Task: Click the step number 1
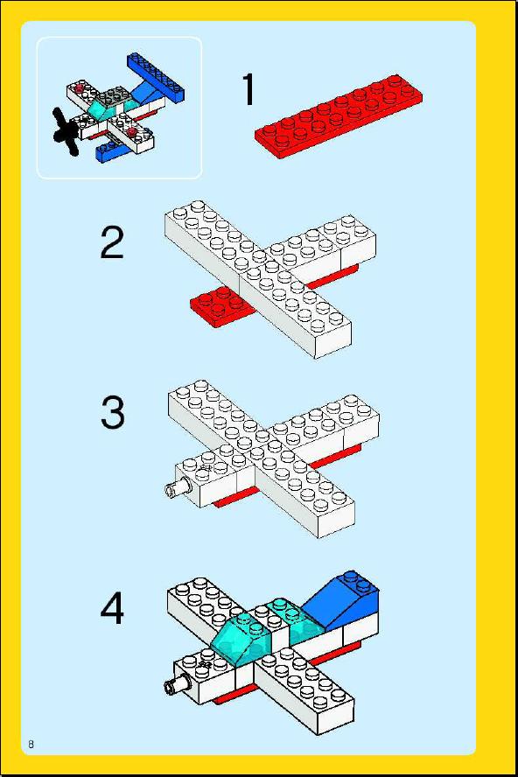(248, 89)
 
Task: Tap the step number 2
(112, 242)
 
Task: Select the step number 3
(113, 413)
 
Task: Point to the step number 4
(112, 609)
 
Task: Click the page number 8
(31, 745)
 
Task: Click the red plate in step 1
(339, 116)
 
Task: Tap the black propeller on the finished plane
(66, 131)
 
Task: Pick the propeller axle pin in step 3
(178, 487)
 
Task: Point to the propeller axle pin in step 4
(178, 684)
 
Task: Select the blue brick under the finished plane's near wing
(111, 150)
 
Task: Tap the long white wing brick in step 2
(258, 278)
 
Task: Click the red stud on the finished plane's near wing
(132, 132)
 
